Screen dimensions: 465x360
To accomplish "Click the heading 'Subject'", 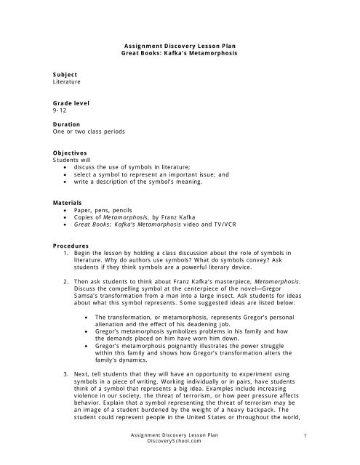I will point(65,75).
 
